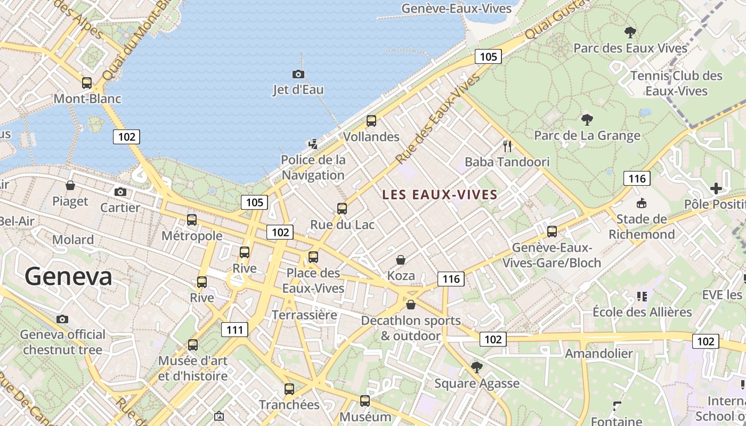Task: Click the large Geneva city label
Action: (68, 277)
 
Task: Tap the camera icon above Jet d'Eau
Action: (298, 74)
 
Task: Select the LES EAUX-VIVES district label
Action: (440, 195)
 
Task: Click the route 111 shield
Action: (234, 330)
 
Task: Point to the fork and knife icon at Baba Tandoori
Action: (507, 146)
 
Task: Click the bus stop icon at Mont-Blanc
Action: (87, 83)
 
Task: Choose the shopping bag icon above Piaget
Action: (70, 185)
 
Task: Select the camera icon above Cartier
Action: (120, 192)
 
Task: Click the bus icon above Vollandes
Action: (371, 121)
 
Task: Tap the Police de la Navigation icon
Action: (313, 143)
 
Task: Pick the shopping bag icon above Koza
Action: (401, 260)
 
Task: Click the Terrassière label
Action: (304, 315)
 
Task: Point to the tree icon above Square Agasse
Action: (476, 367)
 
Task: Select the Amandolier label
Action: (599, 354)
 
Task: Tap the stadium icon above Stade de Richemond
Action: (642, 203)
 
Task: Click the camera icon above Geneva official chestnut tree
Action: (62, 319)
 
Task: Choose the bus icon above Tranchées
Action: (289, 389)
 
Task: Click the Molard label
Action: (73, 240)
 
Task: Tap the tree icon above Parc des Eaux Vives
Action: (630, 32)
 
